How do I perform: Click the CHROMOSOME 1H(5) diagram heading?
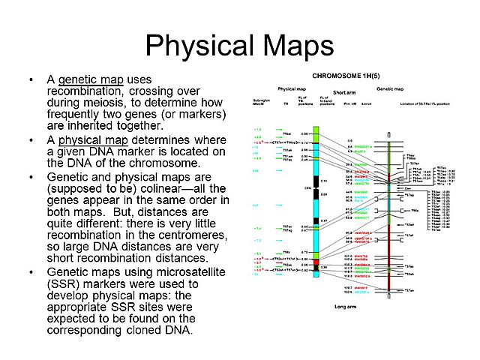point(345,76)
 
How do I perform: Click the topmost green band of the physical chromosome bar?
point(316,131)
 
